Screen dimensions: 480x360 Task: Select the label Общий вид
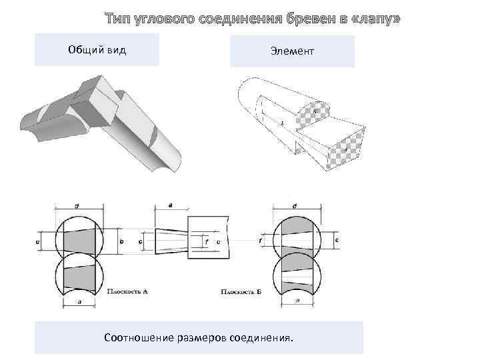click(97, 50)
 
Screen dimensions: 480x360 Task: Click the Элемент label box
click(291, 51)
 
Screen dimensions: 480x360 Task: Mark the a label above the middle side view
click(171, 206)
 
